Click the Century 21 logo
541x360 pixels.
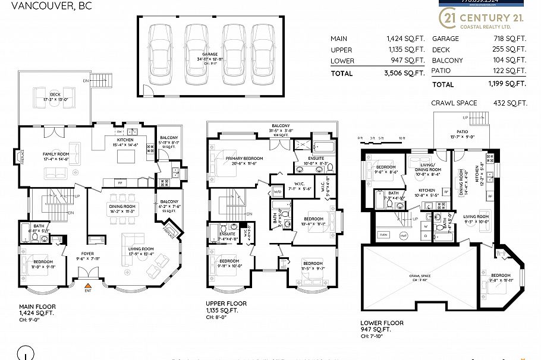click(x=482, y=20)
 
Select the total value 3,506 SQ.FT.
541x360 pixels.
click(x=405, y=74)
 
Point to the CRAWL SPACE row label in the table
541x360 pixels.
click(x=454, y=103)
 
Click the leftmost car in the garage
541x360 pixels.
click(x=160, y=55)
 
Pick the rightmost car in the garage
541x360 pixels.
click(x=263, y=55)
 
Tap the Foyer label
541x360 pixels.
click(x=87, y=256)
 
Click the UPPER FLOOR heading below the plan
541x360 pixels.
click(x=227, y=304)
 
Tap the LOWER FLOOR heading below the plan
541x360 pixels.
click(x=382, y=323)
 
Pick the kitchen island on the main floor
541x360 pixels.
click(x=127, y=156)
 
